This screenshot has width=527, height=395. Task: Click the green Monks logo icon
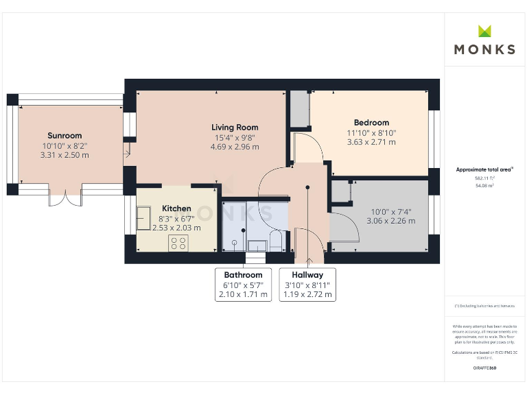[x=485, y=31]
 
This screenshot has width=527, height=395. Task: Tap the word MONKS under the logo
[x=484, y=49]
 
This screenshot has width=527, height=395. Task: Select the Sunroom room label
[x=65, y=136]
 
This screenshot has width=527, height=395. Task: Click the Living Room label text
[x=235, y=128]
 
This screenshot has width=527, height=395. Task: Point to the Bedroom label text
[x=371, y=123]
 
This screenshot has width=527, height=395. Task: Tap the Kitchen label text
[x=176, y=208]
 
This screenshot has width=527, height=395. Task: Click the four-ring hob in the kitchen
[x=179, y=241]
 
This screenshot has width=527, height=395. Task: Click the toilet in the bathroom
[x=276, y=241]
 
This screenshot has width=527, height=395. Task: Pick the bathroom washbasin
[x=258, y=246]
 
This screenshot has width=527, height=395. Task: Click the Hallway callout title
[x=307, y=275]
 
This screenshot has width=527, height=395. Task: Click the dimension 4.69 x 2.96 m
[x=235, y=147]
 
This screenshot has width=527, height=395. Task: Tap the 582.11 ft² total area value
[x=484, y=178]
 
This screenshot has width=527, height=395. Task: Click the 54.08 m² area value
[x=484, y=185]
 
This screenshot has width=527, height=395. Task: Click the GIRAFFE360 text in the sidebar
[x=484, y=368]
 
